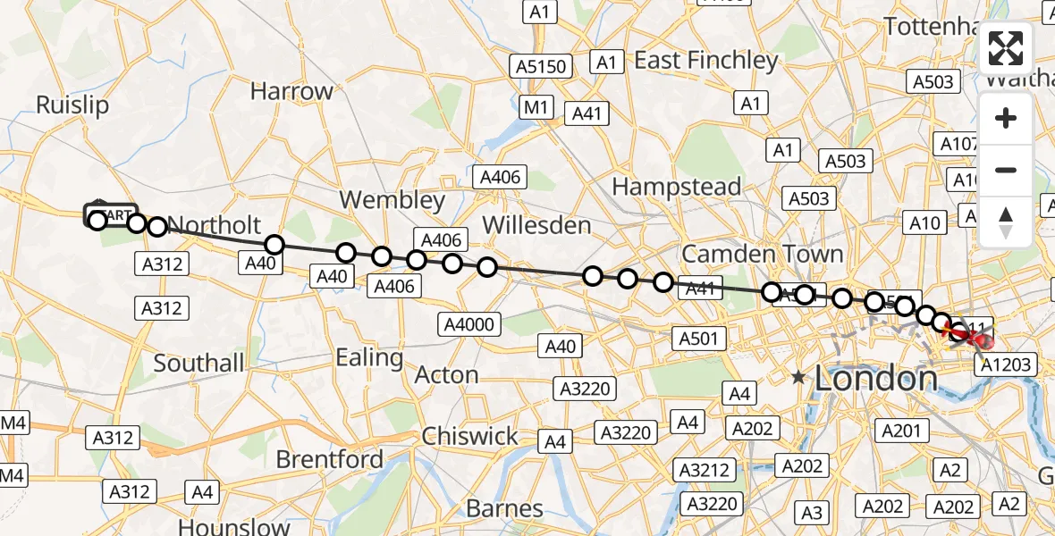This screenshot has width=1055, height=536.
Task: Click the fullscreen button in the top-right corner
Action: [x=1006, y=48]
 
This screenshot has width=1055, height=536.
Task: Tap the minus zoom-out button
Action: [x=1006, y=170]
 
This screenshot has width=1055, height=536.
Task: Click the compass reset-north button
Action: [x=1006, y=222]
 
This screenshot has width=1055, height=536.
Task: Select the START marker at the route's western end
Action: [x=111, y=215]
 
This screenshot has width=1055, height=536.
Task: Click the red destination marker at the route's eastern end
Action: [x=981, y=340]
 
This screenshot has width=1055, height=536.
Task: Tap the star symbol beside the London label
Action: [x=798, y=379]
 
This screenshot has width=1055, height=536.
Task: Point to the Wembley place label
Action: [x=392, y=200]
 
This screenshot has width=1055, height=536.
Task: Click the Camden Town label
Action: [x=763, y=254]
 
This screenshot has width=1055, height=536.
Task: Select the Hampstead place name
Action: [x=676, y=187]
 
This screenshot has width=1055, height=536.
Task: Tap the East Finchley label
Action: [x=706, y=60]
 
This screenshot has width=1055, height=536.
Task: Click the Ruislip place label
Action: [x=72, y=105]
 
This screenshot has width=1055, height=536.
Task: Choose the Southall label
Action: [x=198, y=363]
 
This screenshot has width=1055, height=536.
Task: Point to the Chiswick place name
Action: [x=469, y=436]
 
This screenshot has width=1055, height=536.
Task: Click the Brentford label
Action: [x=330, y=459]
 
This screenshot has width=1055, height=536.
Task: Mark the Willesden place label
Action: [x=536, y=225]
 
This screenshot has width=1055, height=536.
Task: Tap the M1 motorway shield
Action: [x=536, y=108]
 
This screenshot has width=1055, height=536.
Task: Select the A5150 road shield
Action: [x=541, y=66]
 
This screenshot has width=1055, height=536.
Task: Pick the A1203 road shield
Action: [x=1008, y=364]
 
